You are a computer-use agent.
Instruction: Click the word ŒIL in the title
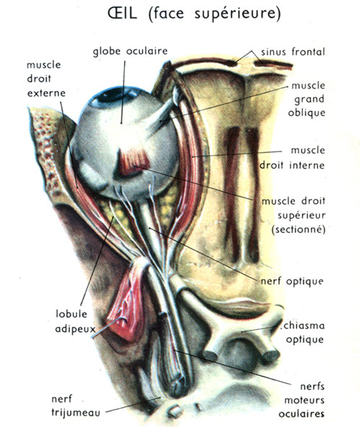pyautogui.click(x=123, y=13)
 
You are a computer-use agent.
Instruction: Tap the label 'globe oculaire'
pyautogui.click(x=131, y=52)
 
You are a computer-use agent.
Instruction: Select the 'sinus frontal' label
pyautogui.click(x=293, y=52)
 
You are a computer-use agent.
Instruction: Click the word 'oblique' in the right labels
pyautogui.click(x=307, y=113)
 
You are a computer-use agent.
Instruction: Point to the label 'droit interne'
pyautogui.click(x=292, y=165)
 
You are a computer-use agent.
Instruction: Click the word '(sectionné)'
pyautogui.click(x=299, y=229)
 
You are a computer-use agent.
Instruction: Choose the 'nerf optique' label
pyautogui.click(x=292, y=281)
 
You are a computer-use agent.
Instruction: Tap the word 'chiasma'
pyautogui.click(x=304, y=325)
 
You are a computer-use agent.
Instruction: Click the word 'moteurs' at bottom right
pyautogui.click(x=304, y=400)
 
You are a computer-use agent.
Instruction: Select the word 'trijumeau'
pyautogui.click(x=76, y=413)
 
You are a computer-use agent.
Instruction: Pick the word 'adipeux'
pyautogui.click(x=75, y=329)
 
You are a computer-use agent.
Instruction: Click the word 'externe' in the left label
pyautogui.click(x=46, y=93)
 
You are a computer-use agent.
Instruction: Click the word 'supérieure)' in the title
pyautogui.click(x=237, y=14)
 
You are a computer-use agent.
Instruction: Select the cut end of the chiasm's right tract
pyautogui.click(x=272, y=355)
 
